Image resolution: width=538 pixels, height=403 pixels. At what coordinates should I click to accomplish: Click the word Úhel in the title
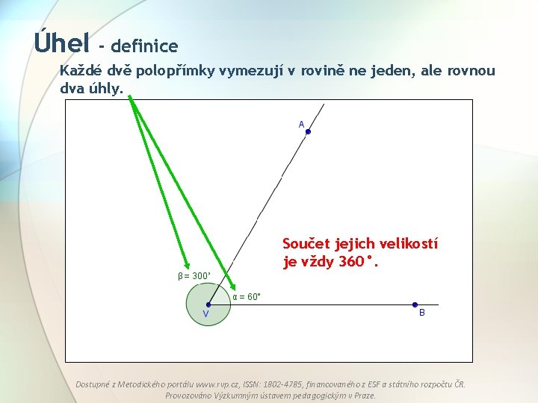pyautogui.click(x=61, y=42)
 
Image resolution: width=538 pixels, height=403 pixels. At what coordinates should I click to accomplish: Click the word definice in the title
pyautogui.click(x=145, y=46)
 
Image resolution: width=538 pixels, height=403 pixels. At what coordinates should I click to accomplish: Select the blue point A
pyautogui.click(x=308, y=132)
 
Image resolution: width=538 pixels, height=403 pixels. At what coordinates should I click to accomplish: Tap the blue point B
pyautogui.click(x=415, y=304)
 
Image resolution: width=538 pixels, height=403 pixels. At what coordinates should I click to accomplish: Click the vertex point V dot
pyautogui.click(x=208, y=304)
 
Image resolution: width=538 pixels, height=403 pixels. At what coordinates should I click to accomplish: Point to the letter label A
pyautogui.click(x=301, y=124)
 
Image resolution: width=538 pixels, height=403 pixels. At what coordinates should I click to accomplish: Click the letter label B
pyautogui.click(x=421, y=313)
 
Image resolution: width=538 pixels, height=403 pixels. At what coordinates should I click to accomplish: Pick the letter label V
pyautogui.click(x=205, y=314)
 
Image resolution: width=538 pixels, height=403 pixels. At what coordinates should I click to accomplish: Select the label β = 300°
pyautogui.click(x=194, y=276)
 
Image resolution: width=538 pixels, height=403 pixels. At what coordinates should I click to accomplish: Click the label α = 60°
pyautogui.click(x=247, y=297)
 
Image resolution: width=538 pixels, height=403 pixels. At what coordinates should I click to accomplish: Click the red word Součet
pyautogui.click(x=308, y=244)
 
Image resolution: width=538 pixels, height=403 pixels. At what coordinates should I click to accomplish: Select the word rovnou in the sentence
pyautogui.click(x=471, y=71)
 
